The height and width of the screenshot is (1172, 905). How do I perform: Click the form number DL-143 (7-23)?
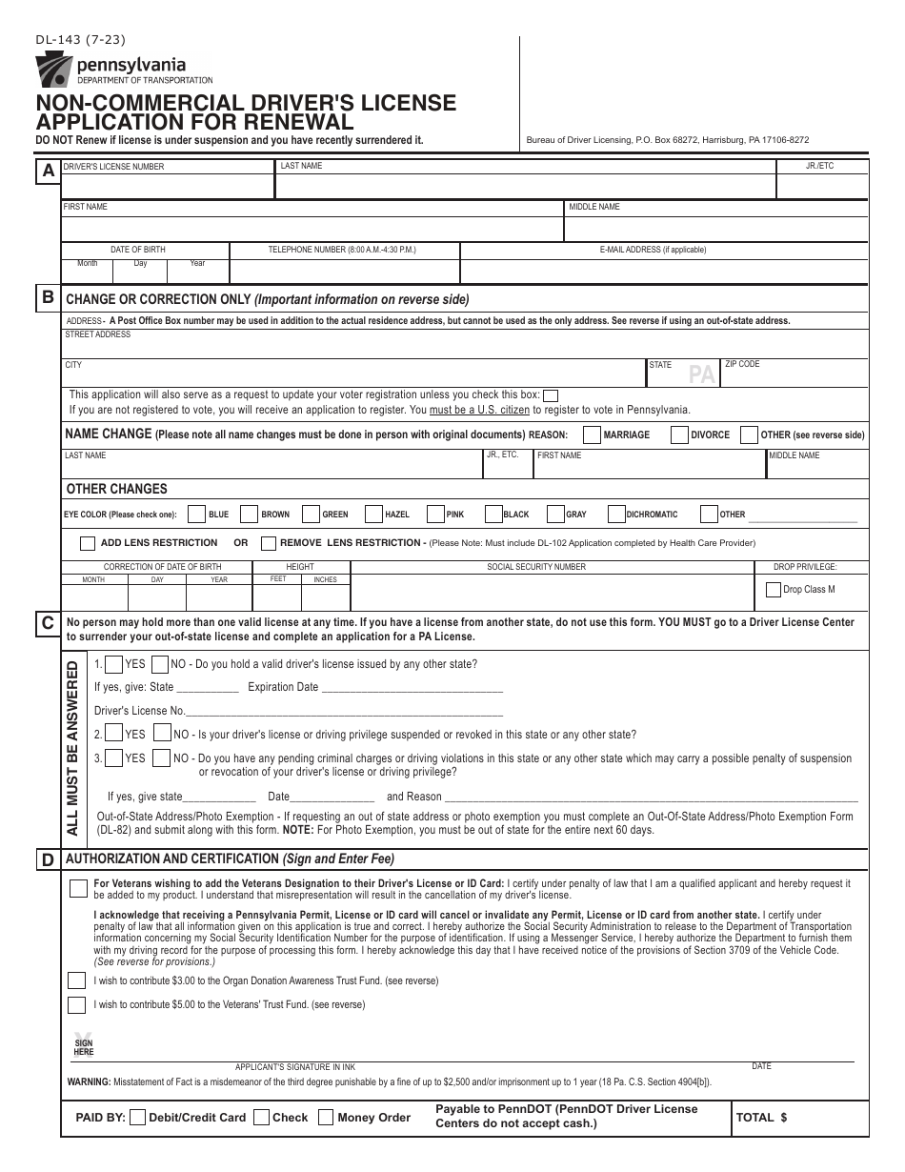(x=80, y=39)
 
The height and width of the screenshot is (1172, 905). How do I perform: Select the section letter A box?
(x=47, y=172)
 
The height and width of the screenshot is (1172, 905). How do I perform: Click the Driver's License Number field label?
(x=113, y=167)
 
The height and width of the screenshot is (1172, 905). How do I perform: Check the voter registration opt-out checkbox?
(x=551, y=395)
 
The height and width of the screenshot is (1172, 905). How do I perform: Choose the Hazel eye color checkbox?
(x=374, y=515)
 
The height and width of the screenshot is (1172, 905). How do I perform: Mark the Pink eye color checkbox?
(x=435, y=515)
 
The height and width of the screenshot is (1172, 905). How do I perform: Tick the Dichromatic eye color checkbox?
(x=616, y=515)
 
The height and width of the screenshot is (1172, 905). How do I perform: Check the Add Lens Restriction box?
(x=87, y=543)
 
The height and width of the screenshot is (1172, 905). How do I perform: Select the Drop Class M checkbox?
(x=773, y=590)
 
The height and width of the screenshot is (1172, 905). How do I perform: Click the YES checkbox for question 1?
(x=112, y=664)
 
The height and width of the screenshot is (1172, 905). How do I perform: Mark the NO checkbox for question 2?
(x=162, y=734)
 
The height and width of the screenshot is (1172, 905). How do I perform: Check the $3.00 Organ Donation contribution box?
(x=76, y=980)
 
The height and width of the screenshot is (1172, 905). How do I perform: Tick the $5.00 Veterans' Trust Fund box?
(x=76, y=1004)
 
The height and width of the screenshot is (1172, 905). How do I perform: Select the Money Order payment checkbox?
(x=326, y=1118)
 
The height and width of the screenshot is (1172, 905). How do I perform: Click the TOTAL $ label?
(x=761, y=1118)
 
